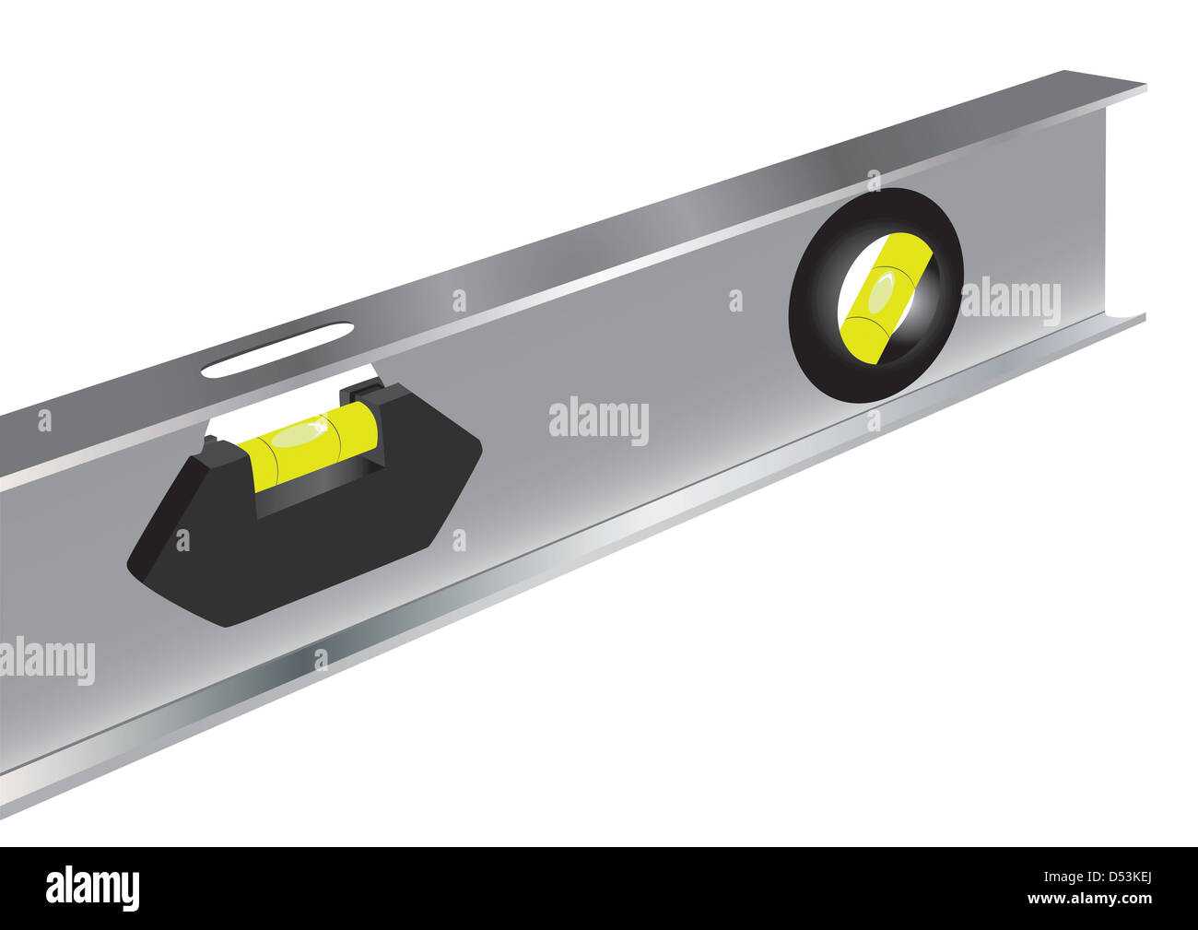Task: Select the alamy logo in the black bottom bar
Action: [92, 888]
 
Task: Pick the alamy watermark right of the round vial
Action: [1011, 300]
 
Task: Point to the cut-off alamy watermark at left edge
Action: [46, 661]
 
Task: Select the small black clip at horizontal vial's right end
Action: [356, 394]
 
